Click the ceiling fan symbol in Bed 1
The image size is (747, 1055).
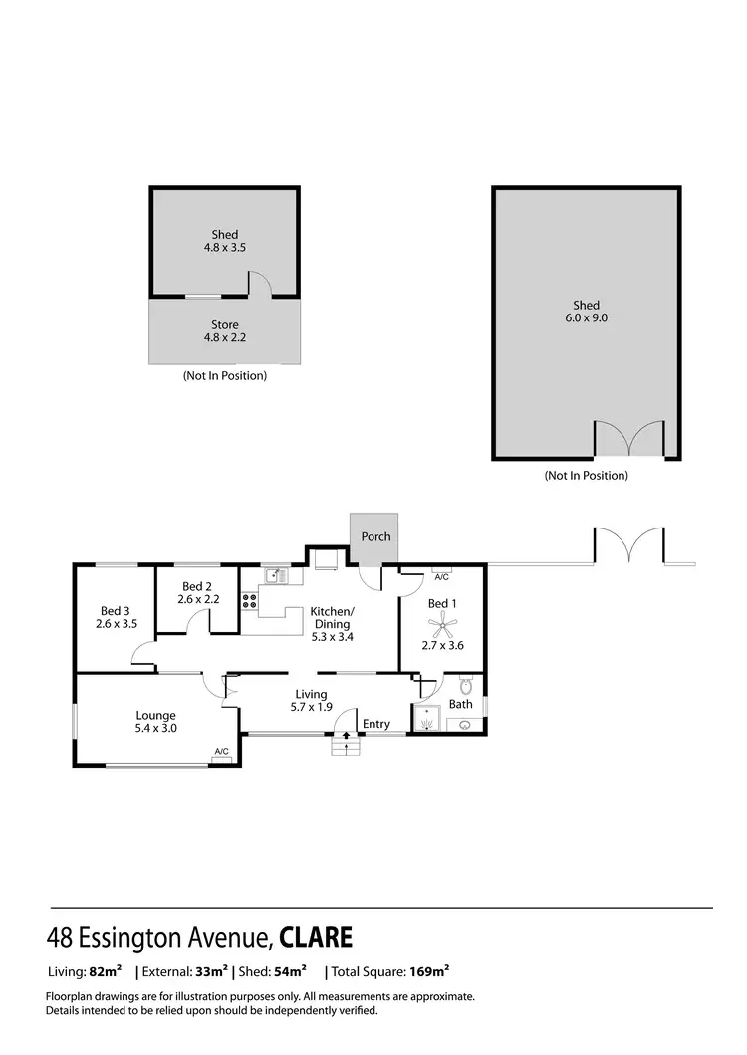441,624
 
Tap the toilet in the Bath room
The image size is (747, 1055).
465,687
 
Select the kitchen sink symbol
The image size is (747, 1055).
276,575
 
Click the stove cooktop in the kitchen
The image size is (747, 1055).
248,601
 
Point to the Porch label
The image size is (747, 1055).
375,536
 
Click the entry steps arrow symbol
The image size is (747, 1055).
346,738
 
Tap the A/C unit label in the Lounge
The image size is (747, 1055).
221,752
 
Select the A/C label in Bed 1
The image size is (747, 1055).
442,576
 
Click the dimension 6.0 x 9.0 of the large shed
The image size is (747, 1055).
587,318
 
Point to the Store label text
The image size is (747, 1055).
224,325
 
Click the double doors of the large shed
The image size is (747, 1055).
628,440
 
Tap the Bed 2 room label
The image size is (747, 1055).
197,586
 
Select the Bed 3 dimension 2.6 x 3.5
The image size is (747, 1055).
117,624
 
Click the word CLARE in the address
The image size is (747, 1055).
316,938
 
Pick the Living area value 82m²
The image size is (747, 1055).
106,970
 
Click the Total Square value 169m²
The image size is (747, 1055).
429,970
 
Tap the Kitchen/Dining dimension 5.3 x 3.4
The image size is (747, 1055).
331,637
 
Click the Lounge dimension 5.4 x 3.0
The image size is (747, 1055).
156,728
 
